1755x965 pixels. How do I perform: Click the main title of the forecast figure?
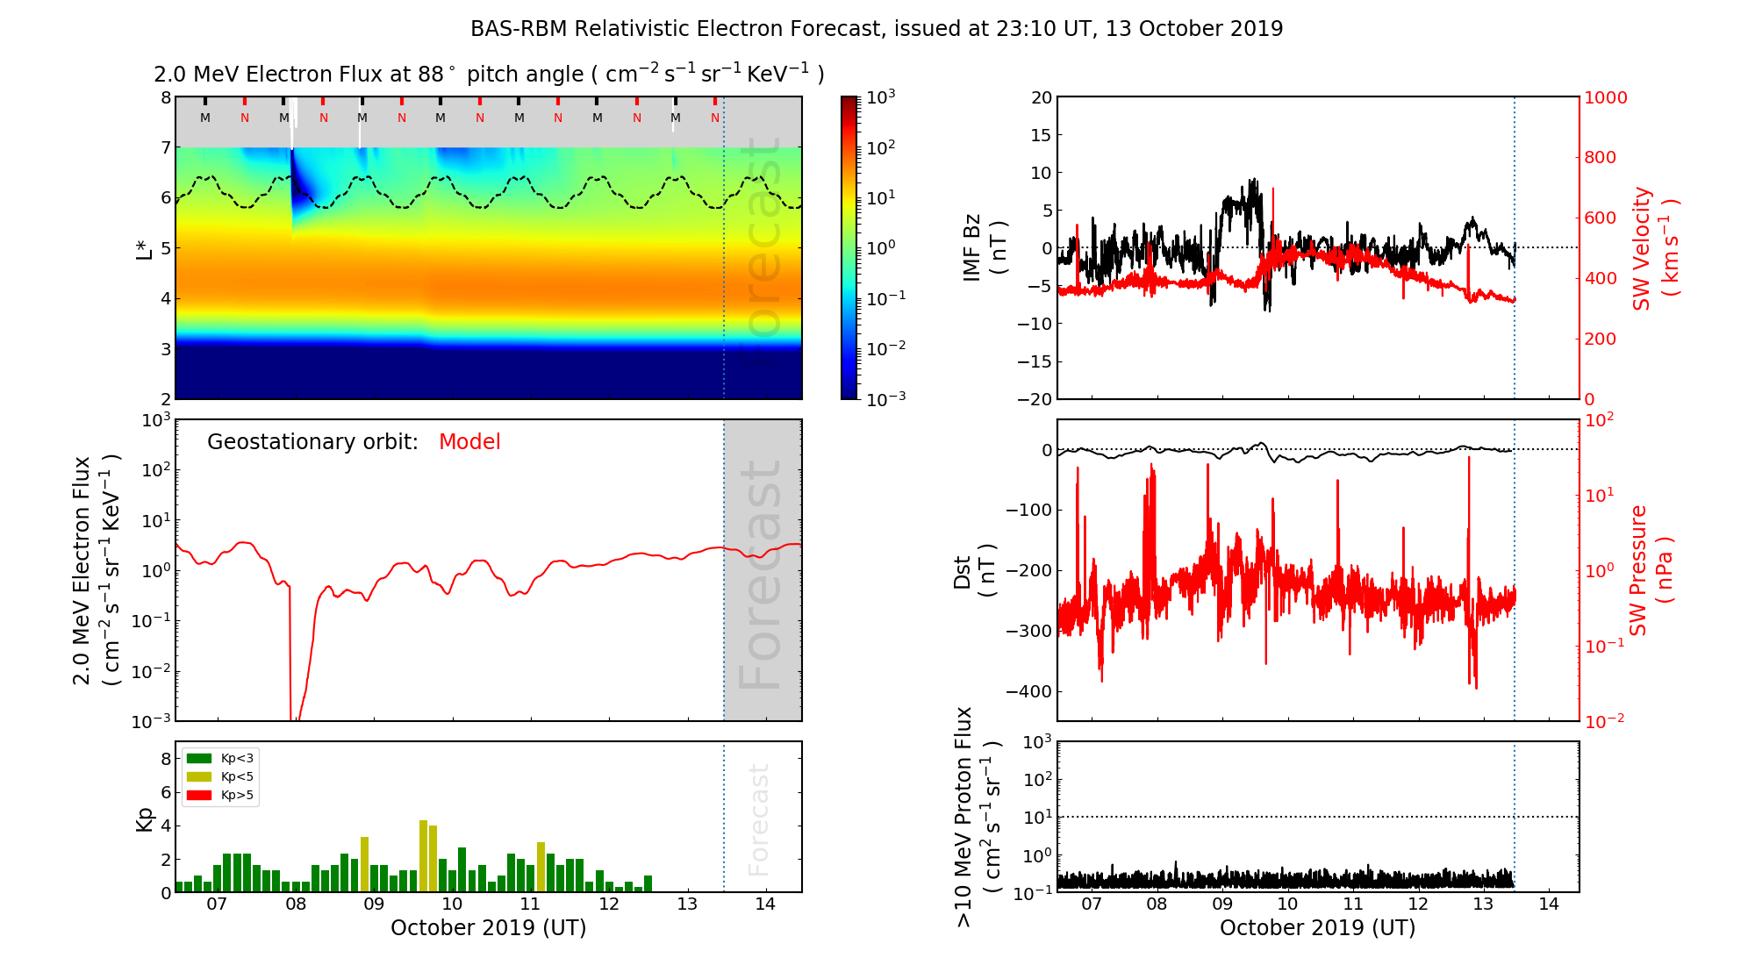(877, 29)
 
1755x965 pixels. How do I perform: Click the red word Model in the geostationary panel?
(469, 442)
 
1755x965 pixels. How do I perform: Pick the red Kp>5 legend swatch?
(199, 796)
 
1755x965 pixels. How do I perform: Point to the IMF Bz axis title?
(983, 247)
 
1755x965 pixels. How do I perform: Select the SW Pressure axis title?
(1651, 570)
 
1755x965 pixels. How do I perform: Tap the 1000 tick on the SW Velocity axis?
(1605, 97)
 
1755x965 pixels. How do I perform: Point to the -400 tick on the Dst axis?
(1028, 691)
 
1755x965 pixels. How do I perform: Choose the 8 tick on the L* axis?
(165, 97)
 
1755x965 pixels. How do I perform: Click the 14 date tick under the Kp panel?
(765, 904)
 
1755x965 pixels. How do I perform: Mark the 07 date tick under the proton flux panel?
(1092, 904)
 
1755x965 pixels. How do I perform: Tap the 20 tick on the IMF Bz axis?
(1041, 97)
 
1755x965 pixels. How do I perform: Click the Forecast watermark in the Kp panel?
(759, 819)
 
